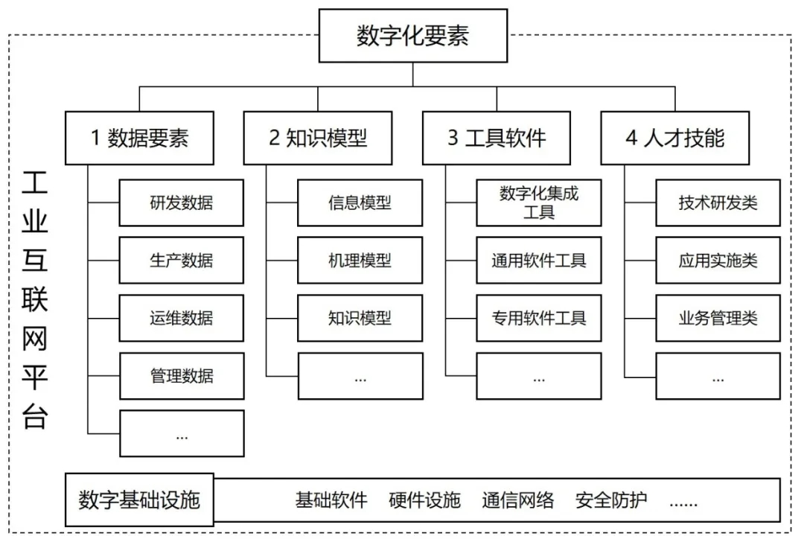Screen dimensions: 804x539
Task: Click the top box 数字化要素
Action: point(412,36)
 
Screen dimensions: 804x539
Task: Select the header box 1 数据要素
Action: point(139,138)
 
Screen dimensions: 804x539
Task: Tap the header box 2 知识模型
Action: point(318,138)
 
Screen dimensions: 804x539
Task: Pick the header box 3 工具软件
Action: point(497,138)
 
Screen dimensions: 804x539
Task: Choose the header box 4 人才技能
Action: point(675,138)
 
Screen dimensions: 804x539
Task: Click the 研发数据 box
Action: point(181,202)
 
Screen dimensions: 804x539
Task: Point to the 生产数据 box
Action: point(181,260)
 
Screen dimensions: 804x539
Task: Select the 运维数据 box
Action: point(181,318)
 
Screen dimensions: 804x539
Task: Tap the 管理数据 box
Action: point(181,375)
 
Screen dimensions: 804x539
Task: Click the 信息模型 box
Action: point(360,202)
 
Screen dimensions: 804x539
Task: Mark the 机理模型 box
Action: point(360,260)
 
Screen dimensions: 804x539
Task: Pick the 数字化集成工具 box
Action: point(538,202)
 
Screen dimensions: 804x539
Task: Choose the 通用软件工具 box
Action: point(538,260)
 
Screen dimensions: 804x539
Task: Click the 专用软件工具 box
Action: point(538,318)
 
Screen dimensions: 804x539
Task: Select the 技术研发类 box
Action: point(718,202)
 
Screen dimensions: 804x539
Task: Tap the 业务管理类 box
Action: point(718,318)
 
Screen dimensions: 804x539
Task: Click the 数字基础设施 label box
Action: point(139,500)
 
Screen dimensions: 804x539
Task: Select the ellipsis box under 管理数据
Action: point(181,433)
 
